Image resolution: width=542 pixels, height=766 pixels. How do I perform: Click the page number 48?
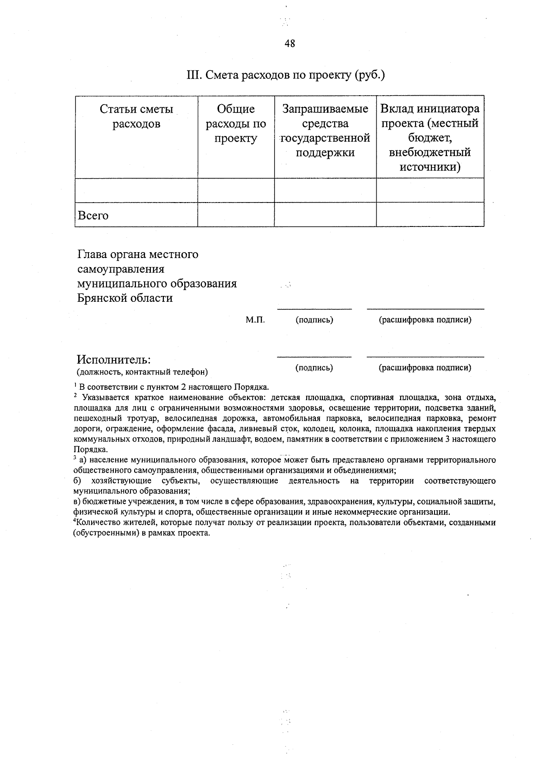click(x=290, y=44)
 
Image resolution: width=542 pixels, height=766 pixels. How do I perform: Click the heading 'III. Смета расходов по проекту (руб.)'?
click(x=285, y=75)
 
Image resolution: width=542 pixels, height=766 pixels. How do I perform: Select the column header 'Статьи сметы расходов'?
click(x=136, y=116)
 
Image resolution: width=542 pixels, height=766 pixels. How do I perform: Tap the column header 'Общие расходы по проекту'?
click(x=236, y=124)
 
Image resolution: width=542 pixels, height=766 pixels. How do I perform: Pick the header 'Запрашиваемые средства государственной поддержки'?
click(x=325, y=131)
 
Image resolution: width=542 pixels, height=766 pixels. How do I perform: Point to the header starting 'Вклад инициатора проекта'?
click(x=430, y=138)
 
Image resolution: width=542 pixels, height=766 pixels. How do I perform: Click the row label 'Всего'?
click(x=93, y=216)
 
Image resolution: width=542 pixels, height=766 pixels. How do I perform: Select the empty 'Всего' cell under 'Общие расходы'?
click(x=236, y=215)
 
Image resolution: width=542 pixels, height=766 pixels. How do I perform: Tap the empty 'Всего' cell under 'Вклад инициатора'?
click(x=430, y=215)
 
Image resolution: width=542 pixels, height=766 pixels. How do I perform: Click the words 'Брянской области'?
click(x=125, y=298)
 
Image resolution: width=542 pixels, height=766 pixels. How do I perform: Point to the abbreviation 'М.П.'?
click(x=255, y=320)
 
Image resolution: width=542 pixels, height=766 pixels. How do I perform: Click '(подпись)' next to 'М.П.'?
click(x=314, y=320)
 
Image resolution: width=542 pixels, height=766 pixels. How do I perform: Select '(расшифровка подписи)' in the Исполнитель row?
click(x=425, y=368)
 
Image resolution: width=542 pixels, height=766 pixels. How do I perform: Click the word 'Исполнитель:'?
click(x=113, y=360)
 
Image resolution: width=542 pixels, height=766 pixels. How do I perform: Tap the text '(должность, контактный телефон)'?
click(x=142, y=372)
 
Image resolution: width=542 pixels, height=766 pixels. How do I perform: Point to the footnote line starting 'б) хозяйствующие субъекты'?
click(x=285, y=481)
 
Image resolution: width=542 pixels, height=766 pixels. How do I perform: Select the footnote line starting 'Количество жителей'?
click(x=285, y=523)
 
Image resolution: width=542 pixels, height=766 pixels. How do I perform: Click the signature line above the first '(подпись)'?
click(x=314, y=309)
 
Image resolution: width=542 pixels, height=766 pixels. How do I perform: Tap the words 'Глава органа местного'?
click(x=138, y=254)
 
